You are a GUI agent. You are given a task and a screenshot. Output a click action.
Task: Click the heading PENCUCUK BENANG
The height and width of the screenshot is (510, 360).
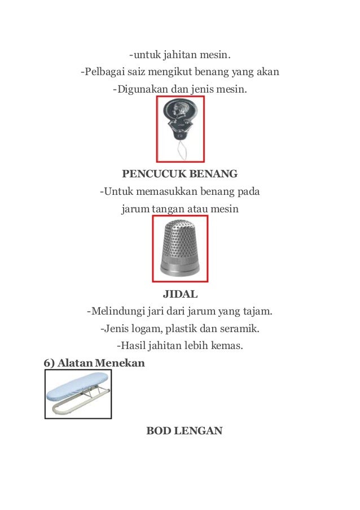click(180, 173)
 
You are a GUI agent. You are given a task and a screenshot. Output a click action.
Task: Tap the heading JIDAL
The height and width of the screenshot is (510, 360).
click(180, 294)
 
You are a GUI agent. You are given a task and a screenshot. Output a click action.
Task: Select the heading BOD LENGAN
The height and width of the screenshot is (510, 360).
click(185, 431)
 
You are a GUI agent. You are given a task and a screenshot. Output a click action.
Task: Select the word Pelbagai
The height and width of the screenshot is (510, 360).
click(104, 72)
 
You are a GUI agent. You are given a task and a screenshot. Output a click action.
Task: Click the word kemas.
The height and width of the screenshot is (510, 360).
click(228, 345)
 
